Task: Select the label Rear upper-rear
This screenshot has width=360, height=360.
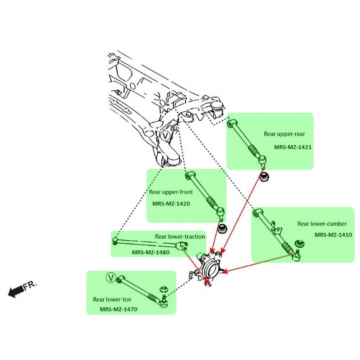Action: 284,134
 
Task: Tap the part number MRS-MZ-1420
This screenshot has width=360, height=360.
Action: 171,204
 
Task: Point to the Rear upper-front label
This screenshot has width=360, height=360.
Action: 171,192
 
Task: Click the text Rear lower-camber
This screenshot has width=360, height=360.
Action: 322,224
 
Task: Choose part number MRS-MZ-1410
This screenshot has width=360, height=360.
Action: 333,235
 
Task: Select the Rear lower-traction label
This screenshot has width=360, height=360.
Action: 180,237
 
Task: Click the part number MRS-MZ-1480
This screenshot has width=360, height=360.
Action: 150,252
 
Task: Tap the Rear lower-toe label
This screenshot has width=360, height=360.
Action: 112,299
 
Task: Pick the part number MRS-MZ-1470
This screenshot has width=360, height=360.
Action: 118,309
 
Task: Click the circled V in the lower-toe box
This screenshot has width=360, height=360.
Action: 111,278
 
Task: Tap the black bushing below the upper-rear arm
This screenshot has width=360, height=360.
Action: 265,177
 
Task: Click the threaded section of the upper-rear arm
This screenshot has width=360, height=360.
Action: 253,151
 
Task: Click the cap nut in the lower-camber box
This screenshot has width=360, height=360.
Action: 299,244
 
